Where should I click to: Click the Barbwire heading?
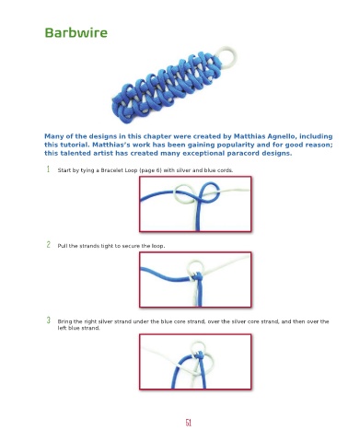tap(76, 33)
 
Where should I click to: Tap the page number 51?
tap(189, 423)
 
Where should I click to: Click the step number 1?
tap(48, 169)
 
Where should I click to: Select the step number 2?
tap(48, 245)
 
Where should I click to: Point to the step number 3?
tap(48, 320)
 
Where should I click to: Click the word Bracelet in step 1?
tap(112, 170)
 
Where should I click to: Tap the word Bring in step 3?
tap(64, 321)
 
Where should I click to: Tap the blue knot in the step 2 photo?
tap(197, 277)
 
